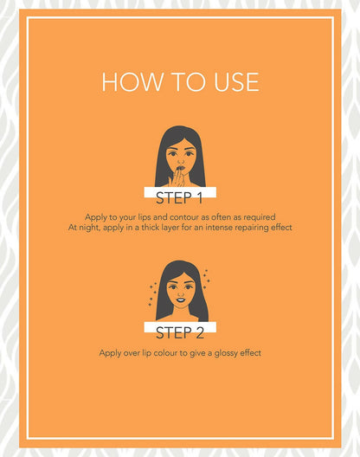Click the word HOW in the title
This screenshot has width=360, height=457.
click(132, 82)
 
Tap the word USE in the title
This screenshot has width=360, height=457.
click(237, 82)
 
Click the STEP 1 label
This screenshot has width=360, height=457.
click(179, 198)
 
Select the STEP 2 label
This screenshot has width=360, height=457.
click(180, 332)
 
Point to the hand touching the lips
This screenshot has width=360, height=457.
click(177, 178)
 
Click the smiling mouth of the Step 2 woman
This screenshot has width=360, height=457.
click(181, 299)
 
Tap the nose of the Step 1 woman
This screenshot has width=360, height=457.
click(181, 161)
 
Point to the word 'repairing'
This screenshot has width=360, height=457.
click(252, 228)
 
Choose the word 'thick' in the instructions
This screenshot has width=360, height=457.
click(150, 227)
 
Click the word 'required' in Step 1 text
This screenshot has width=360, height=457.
click(260, 217)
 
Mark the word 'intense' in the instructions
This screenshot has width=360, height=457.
click(219, 227)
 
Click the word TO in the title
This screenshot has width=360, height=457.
click(189, 82)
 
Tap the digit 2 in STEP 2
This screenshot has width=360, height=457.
click(199, 333)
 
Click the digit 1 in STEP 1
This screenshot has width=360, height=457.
click(199, 198)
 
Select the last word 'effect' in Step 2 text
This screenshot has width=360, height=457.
click(250, 353)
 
